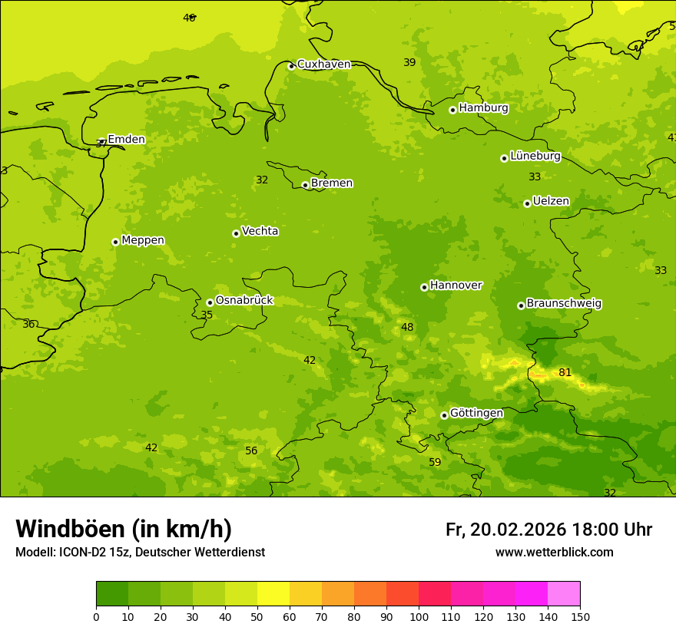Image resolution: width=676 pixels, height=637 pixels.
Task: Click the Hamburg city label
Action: [x=483, y=108]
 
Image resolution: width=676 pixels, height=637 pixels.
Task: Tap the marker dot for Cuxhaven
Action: [x=291, y=66]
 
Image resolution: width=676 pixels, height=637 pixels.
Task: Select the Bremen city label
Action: [x=331, y=183]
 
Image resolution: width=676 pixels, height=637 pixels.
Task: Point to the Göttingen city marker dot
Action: [x=444, y=415]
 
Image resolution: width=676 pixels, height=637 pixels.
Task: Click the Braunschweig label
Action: [x=564, y=304]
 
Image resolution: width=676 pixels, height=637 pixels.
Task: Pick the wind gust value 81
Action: [x=565, y=373]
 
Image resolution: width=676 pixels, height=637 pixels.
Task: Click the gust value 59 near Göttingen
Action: [x=435, y=462]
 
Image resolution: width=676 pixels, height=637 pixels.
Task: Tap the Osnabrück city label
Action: [x=244, y=301]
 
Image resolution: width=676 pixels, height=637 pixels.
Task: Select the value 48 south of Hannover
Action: [x=407, y=328]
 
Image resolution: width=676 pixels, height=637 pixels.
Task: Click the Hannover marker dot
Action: [x=424, y=287]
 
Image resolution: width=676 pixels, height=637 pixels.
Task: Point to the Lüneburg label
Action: [x=535, y=156]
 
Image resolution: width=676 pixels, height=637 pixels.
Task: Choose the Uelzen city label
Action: [x=551, y=202]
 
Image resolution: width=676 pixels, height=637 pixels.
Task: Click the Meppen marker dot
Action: [x=115, y=242]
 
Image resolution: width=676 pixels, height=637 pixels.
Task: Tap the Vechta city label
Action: [x=260, y=231]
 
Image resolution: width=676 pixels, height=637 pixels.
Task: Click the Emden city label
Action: [x=126, y=139]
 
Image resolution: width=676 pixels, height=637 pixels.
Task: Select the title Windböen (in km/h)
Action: [x=124, y=529]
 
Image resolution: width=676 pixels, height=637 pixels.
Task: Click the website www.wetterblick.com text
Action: [x=554, y=553]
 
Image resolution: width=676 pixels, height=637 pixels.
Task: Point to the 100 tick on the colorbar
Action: [x=419, y=616]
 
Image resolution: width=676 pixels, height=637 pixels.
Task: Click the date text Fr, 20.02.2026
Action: [x=505, y=530]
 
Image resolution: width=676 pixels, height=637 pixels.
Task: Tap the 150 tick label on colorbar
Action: [x=580, y=616]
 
